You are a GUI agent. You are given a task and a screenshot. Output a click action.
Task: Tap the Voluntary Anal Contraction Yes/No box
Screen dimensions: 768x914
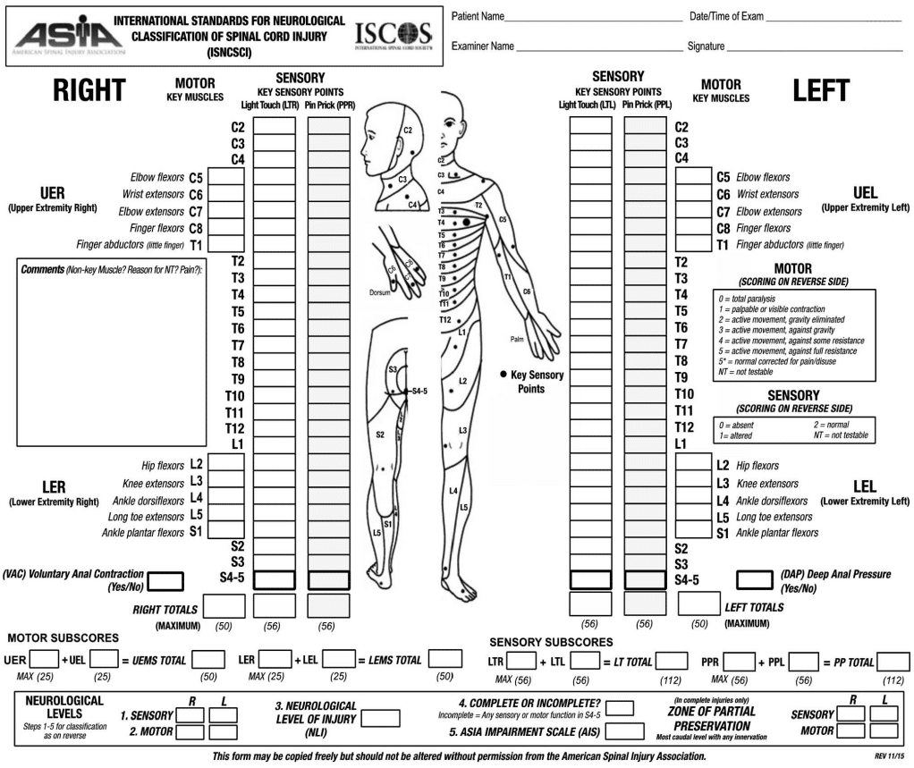[166, 581]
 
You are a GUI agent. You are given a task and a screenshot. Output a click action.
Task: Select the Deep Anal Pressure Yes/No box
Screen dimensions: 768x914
[753, 579]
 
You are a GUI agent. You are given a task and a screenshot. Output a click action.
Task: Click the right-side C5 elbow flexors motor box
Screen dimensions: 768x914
[226, 176]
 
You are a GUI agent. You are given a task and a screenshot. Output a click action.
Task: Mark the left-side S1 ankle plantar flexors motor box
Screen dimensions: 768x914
[693, 532]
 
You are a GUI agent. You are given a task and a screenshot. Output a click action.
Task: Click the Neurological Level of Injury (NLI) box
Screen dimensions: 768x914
[380, 719]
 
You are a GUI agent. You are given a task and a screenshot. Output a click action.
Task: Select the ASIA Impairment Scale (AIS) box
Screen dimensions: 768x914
[627, 730]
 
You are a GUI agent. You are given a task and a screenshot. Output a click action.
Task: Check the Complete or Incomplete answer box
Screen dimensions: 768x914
[620, 708]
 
